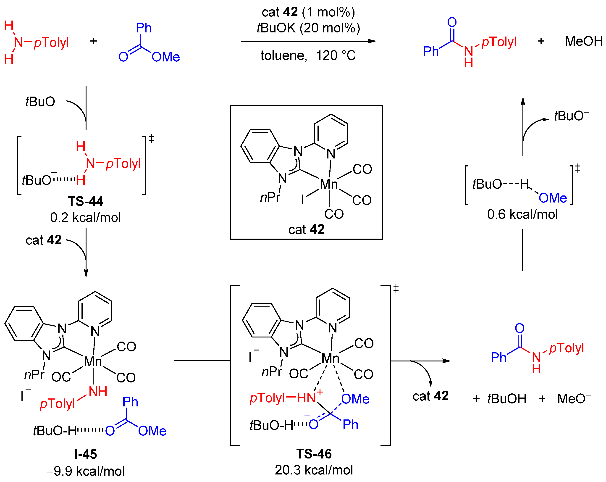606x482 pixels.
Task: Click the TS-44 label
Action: (x=85, y=201)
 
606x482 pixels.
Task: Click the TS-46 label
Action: (x=314, y=454)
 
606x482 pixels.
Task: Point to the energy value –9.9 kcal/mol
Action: (x=85, y=471)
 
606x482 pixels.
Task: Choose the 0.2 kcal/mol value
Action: (x=85, y=218)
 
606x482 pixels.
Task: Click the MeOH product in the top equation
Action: (x=583, y=41)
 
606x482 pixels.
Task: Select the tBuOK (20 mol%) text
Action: (x=308, y=28)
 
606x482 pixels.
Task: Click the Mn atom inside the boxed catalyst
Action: (x=329, y=184)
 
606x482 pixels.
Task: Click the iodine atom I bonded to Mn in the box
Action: (x=302, y=200)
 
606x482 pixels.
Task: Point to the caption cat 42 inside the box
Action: (x=306, y=229)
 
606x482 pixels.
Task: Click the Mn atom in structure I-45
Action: (x=93, y=362)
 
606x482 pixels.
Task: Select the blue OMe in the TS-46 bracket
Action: (x=355, y=399)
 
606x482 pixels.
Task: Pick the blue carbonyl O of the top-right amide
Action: (x=452, y=22)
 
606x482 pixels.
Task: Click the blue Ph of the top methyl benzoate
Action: (x=144, y=28)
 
